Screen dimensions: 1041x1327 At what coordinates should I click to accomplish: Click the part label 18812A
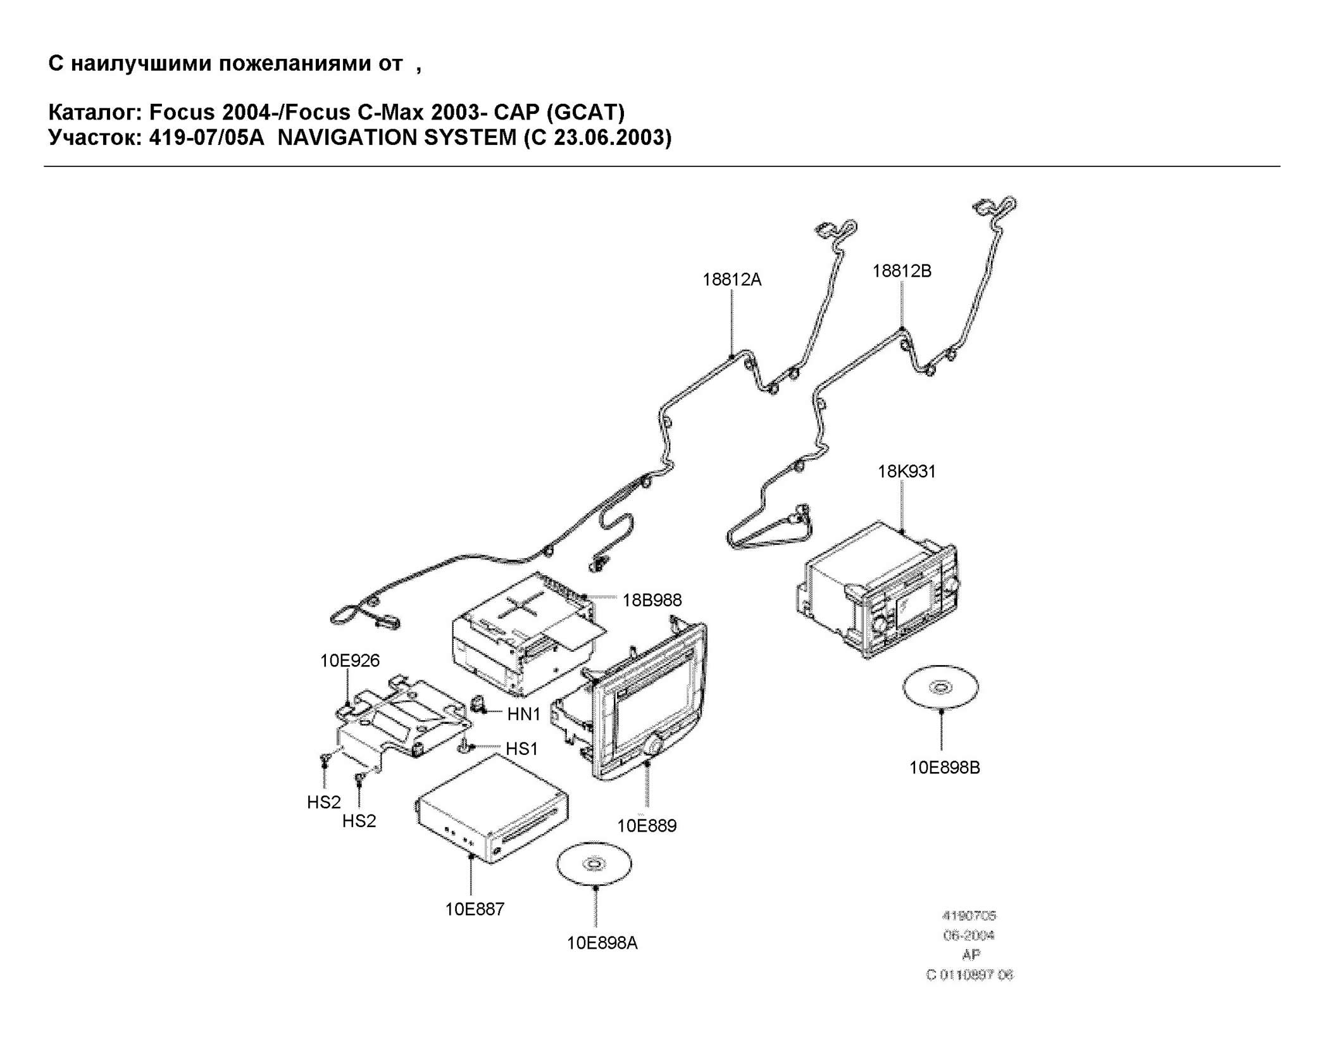tap(732, 280)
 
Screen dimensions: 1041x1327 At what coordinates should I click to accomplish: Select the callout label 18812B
tap(902, 271)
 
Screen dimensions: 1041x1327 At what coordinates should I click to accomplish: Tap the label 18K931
tap(906, 471)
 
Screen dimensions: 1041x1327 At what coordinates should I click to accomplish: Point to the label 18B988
tap(652, 600)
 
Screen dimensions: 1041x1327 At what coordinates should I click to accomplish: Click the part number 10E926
tap(349, 661)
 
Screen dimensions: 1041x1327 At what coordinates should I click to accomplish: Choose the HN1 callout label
tap(523, 714)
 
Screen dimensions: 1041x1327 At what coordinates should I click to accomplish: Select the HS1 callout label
tap(521, 749)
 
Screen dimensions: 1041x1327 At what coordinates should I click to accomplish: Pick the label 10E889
tap(647, 826)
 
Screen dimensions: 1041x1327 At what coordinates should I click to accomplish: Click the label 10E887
tap(475, 909)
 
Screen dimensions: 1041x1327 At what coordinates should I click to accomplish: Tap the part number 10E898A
tap(602, 944)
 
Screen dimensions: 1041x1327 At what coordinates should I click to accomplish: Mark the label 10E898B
tap(944, 768)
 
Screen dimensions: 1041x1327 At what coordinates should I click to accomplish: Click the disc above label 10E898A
tap(594, 864)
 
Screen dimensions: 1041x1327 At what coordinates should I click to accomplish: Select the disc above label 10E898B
tap(940, 687)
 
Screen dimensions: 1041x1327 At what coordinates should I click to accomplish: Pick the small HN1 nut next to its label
tap(479, 704)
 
